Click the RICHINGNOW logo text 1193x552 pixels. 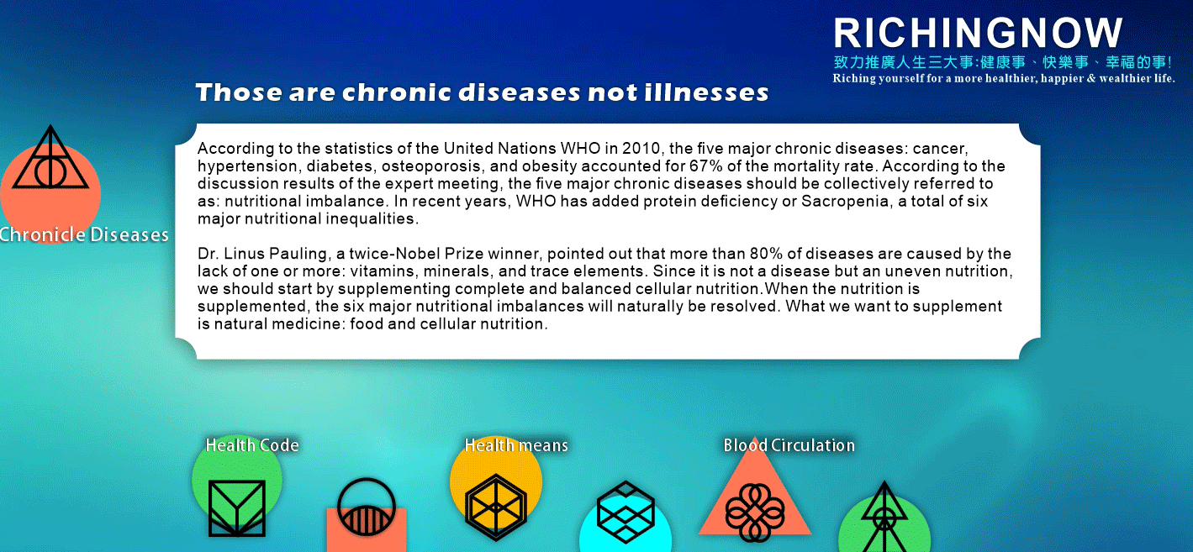(x=979, y=33)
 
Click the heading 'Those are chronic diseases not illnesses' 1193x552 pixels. (x=482, y=92)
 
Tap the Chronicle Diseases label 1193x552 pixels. (x=84, y=234)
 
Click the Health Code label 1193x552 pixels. (x=252, y=445)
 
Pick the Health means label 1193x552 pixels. (x=516, y=445)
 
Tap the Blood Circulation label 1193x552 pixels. (x=789, y=445)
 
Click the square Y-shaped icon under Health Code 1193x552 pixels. (x=236, y=507)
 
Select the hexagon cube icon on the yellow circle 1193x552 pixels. (x=496, y=507)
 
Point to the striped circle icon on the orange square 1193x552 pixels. (x=367, y=507)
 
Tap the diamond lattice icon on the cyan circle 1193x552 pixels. (x=626, y=512)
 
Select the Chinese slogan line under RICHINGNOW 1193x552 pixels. (x=1003, y=62)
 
